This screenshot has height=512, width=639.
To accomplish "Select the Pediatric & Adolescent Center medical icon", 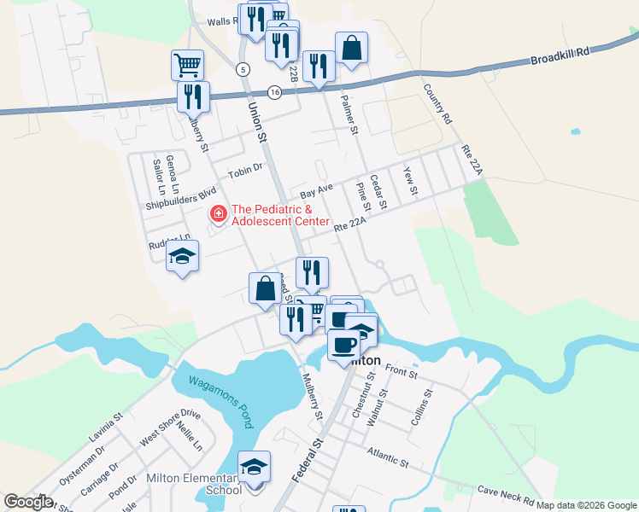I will tap(219, 213).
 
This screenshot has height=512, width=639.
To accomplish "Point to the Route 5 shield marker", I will tap(244, 68).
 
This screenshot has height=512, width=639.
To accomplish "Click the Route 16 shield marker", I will tap(273, 92).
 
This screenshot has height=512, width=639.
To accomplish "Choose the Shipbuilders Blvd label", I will tap(181, 196).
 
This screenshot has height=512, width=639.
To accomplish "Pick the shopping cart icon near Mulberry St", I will tap(187, 64).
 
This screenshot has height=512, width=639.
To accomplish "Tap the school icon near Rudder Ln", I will tap(182, 256).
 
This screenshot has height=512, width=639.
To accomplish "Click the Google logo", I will tap(28, 502).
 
